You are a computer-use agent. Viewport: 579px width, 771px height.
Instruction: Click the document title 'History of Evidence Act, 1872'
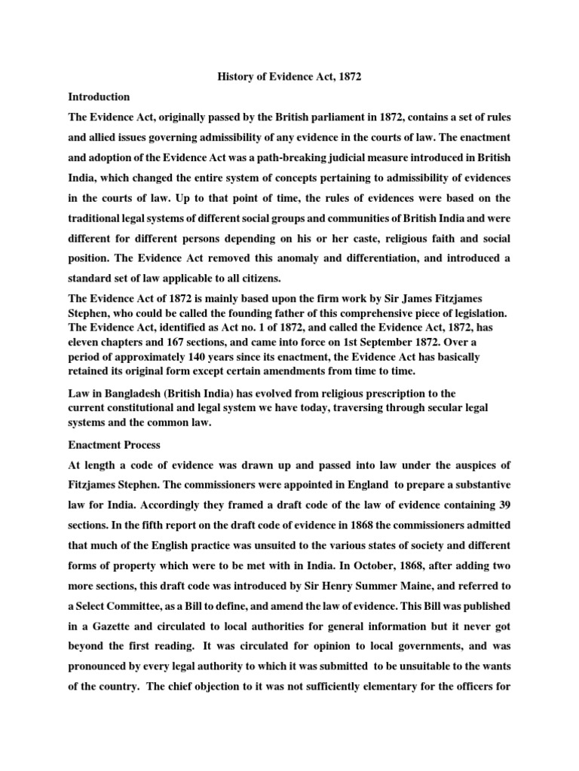tap(289, 78)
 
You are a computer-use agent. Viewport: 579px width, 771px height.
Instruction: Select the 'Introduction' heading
tap(99, 97)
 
